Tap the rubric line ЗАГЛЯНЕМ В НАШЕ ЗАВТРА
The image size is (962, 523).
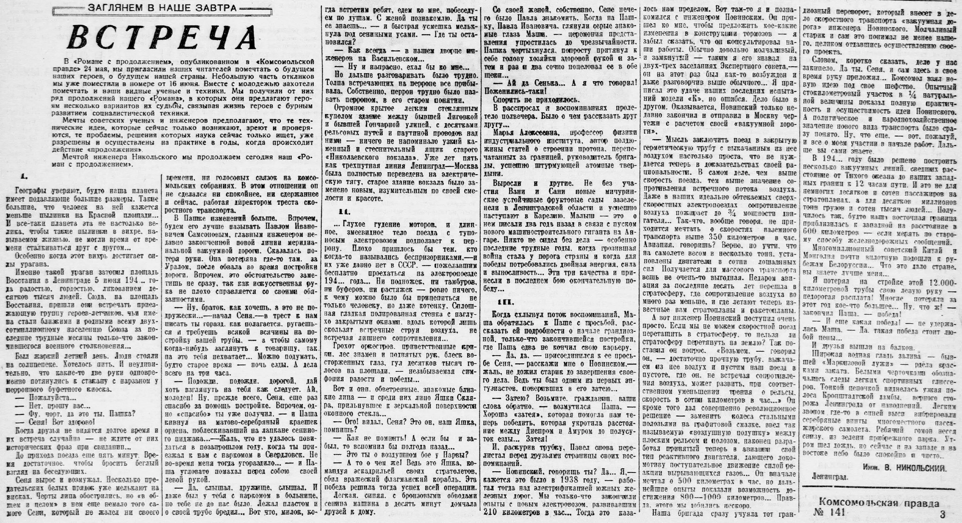(x=162, y=8)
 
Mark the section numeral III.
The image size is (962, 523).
(x=506, y=302)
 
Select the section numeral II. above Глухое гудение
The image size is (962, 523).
(x=344, y=212)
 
